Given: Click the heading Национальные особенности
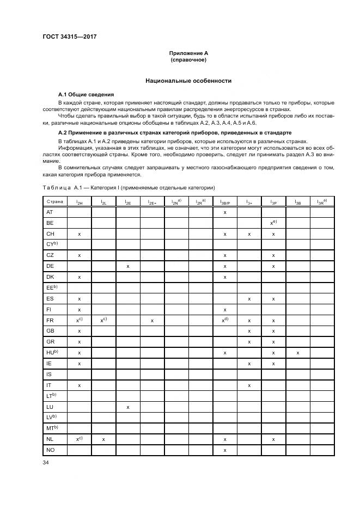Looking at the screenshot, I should tap(188, 81).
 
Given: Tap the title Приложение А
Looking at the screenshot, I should tap(188, 53).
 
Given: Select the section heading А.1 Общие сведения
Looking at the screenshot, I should tap(86, 95).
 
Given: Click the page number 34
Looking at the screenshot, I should tap(46, 463).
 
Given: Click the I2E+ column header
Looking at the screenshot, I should tap(152, 203).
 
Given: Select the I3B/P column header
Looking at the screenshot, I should tap(224, 203).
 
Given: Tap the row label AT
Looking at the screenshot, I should tap(50, 212).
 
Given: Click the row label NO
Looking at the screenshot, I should tap(50, 450).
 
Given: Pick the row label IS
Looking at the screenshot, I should tap(49, 375).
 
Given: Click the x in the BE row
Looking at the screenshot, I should tap(272, 223).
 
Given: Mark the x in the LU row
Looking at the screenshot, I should tap(127, 407).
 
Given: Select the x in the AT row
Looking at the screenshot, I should tap(224, 212).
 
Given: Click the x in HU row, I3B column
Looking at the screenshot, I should tap(297, 353).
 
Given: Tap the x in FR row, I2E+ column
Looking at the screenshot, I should tap(152, 321).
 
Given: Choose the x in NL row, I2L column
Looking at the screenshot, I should tap(103, 439).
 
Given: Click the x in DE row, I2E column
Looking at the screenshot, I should tap(127, 266).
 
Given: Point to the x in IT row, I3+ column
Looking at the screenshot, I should tap(249, 385).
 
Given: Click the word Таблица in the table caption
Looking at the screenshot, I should tap(56, 187).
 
